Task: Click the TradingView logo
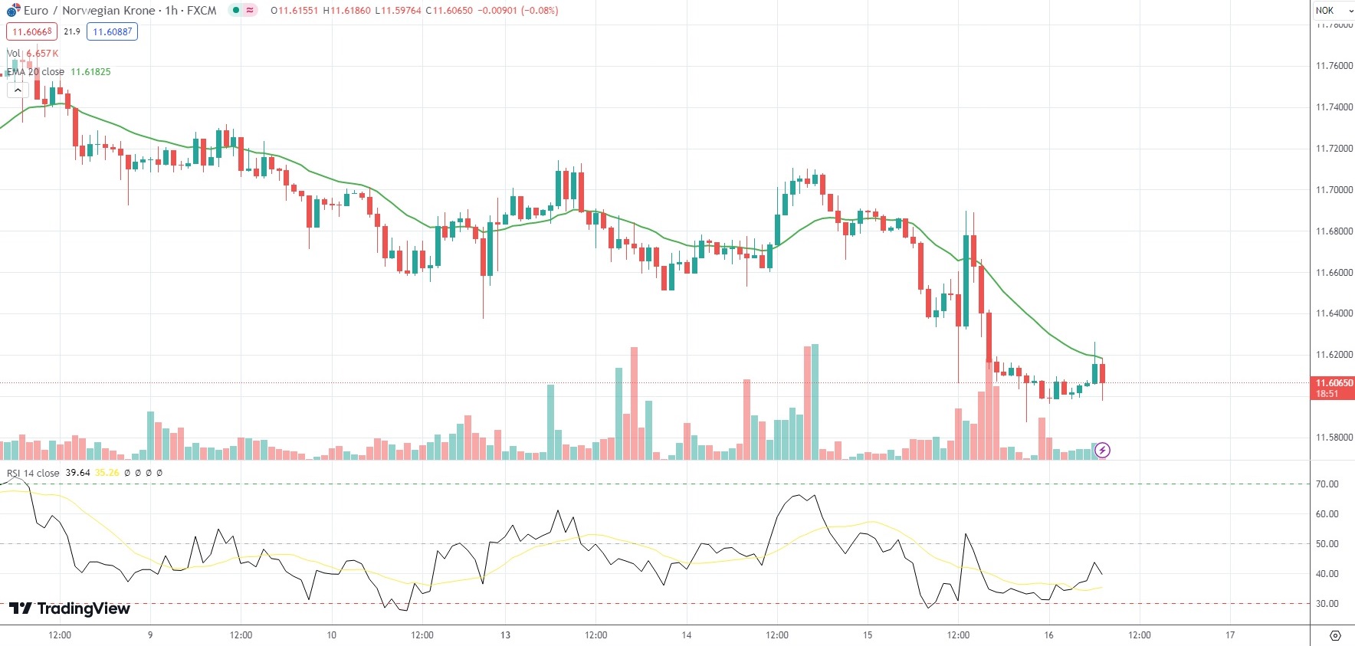(x=70, y=608)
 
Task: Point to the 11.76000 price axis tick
(x=1334, y=66)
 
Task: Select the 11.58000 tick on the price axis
(x=1334, y=438)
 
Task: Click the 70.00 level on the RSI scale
(x=1327, y=484)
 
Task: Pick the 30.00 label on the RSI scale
(x=1327, y=604)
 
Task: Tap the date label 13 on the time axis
(x=505, y=635)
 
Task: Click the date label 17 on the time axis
(x=1230, y=635)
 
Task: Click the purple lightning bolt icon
(x=1102, y=450)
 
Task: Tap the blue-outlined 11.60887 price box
(x=112, y=32)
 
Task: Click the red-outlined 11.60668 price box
(x=32, y=32)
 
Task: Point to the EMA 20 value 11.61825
(x=90, y=72)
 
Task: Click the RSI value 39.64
(x=77, y=473)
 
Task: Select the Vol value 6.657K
(x=42, y=54)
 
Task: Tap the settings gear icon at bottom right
(x=1335, y=635)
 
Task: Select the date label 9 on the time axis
(x=150, y=635)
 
